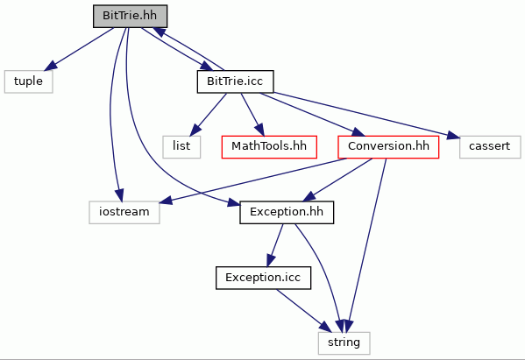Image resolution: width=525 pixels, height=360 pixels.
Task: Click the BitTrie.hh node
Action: point(130,16)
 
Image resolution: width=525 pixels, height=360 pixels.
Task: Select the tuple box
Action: point(28,81)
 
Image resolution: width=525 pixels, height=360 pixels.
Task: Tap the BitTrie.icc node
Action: point(236,81)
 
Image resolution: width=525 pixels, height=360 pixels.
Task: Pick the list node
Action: point(181,146)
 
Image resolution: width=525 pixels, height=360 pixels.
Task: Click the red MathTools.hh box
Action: point(269,146)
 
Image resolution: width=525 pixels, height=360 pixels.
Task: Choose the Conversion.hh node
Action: point(388,146)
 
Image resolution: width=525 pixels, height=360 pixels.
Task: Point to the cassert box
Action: point(490,146)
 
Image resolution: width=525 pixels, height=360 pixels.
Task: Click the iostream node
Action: point(124,212)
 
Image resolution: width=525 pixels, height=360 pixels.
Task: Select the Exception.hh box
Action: point(287,212)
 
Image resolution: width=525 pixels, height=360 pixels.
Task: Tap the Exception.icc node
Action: point(263,278)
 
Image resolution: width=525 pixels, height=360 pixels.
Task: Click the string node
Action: point(344,343)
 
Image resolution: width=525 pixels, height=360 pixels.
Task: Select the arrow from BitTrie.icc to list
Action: point(208,115)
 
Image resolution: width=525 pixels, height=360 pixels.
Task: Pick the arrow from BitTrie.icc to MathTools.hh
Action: point(252,115)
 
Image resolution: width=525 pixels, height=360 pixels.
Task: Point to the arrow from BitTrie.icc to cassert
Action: point(366,116)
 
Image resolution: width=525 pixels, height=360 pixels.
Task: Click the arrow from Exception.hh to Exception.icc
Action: point(275,245)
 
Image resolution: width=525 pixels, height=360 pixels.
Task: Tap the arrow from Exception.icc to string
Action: point(303,311)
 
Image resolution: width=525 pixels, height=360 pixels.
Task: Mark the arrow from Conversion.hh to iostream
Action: point(253,180)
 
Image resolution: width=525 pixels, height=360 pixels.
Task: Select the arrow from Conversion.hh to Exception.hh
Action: point(337,180)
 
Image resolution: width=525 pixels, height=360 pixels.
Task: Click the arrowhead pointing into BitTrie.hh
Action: point(159,32)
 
